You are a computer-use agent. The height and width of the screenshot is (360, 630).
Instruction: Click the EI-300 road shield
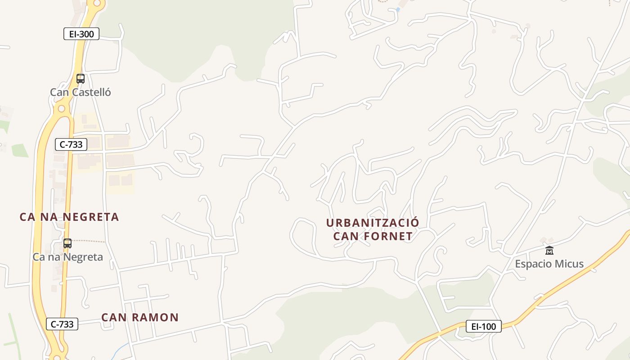(x=81, y=34)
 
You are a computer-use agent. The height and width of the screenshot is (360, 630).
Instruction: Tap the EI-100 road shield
(x=483, y=326)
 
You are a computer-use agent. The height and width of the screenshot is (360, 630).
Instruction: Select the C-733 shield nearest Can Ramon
(x=62, y=324)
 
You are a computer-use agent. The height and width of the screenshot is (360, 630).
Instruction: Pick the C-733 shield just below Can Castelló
(x=71, y=144)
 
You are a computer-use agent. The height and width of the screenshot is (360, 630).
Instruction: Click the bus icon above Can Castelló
(x=81, y=79)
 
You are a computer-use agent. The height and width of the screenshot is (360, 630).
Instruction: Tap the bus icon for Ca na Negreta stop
(x=67, y=243)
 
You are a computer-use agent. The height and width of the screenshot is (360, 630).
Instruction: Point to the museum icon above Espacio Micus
(x=549, y=251)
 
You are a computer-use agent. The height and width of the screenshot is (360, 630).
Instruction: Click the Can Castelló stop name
(x=80, y=92)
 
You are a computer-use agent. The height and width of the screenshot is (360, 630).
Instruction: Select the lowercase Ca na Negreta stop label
(x=67, y=257)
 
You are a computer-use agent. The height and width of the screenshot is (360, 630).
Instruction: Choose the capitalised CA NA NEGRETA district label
(x=69, y=217)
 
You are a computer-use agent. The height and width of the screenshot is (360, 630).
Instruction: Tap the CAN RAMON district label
(x=140, y=317)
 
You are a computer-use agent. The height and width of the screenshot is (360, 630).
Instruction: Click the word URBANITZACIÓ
(x=373, y=223)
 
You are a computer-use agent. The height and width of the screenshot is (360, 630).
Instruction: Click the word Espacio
(x=534, y=264)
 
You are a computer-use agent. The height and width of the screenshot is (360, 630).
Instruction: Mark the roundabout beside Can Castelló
(x=61, y=109)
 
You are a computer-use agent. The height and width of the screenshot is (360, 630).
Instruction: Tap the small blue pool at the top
(x=398, y=9)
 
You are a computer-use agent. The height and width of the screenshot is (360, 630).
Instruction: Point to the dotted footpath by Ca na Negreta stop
(x=90, y=242)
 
